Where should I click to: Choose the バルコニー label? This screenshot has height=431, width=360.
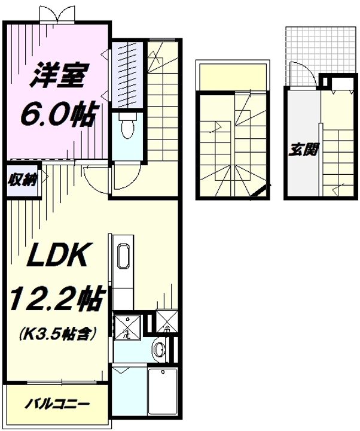(x=57, y=404)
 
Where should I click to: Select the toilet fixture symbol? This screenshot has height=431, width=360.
(x=126, y=128)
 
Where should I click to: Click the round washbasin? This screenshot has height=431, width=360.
(x=158, y=349)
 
